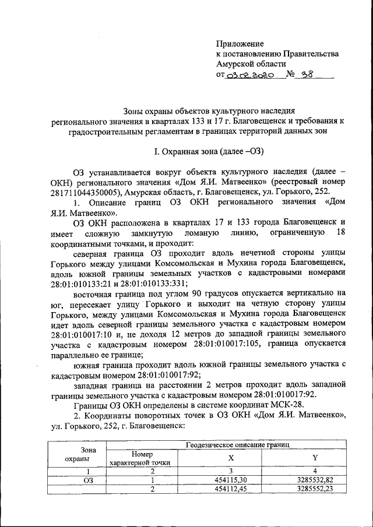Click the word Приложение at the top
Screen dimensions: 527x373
click(x=240, y=44)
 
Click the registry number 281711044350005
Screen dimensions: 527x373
click(x=80, y=192)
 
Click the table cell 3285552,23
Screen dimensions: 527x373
click(x=315, y=489)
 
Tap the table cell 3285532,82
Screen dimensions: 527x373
click(x=315, y=480)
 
